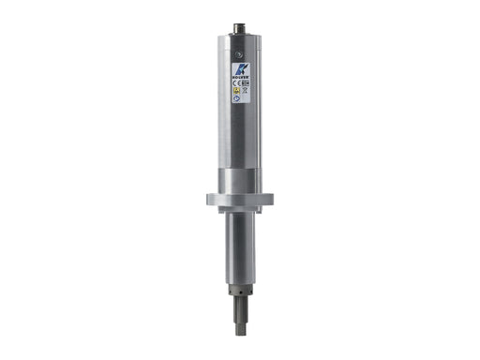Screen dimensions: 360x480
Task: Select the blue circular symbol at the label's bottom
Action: pos(238,97)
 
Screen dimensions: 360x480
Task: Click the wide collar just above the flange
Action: pos(240,178)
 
